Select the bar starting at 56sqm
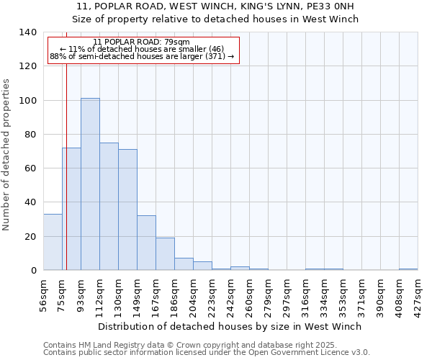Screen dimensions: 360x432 [x=53, y=242]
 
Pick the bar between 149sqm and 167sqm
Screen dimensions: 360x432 [x=146, y=243]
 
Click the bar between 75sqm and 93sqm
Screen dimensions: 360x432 [x=71, y=209]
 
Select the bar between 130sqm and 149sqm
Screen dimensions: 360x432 [x=127, y=210]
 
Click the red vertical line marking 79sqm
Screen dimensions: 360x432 [x=66, y=180]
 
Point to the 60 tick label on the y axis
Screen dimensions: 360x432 [x=30, y=168]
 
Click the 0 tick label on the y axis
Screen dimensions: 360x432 [x=33, y=271]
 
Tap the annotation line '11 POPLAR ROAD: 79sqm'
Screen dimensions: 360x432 [x=142, y=42]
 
